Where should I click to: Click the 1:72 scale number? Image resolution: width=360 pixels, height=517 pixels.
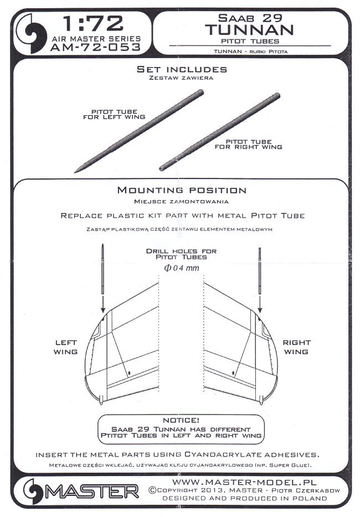[93, 23]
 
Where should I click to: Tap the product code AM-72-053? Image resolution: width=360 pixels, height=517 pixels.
[96, 47]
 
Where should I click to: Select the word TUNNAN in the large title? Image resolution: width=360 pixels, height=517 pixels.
[249, 30]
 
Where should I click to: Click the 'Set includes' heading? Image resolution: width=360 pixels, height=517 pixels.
[182, 69]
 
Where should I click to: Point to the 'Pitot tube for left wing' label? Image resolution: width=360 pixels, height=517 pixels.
[115, 114]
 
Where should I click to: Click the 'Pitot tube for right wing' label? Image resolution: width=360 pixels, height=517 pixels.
[248, 144]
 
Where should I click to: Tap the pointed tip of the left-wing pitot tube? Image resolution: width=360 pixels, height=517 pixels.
[75, 172]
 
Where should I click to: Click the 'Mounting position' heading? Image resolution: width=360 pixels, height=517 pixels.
[182, 190]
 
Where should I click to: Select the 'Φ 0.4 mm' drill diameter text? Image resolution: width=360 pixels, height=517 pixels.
[182, 268]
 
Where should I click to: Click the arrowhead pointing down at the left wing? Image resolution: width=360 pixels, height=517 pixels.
[103, 309]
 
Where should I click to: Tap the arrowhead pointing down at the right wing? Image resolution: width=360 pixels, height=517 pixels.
[260, 309]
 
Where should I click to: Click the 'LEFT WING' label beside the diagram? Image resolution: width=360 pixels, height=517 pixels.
[66, 347]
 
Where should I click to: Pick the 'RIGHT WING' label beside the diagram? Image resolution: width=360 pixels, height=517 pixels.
[296, 347]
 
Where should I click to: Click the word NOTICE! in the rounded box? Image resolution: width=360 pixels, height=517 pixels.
[181, 420]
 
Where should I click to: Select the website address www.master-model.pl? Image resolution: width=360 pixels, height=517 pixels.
[244, 482]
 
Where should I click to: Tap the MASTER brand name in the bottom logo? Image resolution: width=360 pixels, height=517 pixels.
[91, 492]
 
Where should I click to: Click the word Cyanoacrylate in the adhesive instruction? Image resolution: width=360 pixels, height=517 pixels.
[228, 454]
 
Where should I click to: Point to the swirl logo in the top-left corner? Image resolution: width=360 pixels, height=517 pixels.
[34, 34]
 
